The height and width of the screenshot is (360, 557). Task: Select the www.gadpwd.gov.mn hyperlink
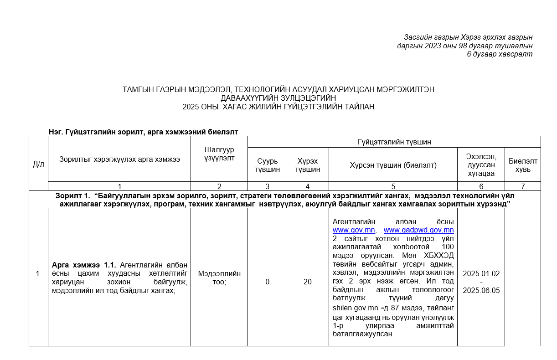click(x=418, y=230)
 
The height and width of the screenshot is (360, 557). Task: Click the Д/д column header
click(x=38, y=164)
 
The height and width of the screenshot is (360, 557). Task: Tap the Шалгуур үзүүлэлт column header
click(x=219, y=154)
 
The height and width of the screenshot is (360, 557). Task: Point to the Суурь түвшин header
click(x=267, y=165)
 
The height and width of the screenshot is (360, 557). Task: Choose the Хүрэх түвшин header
click(x=307, y=165)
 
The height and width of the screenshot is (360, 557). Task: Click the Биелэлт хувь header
click(x=523, y=165)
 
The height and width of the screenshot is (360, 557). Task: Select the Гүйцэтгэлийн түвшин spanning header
click(x=394, y=142)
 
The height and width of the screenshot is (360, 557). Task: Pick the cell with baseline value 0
click(x=267, y=282)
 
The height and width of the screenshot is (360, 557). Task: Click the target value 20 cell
click(x=307, y=282)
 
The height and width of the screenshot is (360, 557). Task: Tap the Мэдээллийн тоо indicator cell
click(x=219, y=278)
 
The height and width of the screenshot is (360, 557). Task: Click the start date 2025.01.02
click(x=481, y=274)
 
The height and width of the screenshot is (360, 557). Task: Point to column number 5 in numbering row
click(x=393, y=186)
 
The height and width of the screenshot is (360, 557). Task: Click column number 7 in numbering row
click(x=523, y=186)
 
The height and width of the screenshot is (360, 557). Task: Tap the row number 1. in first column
click(x=38, y=274)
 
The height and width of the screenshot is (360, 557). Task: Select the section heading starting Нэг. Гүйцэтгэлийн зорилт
click(x=144, y=132)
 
